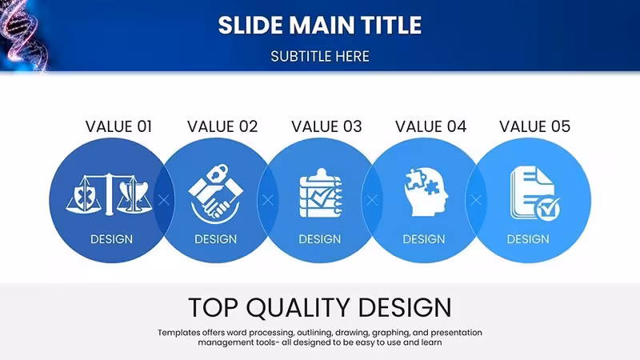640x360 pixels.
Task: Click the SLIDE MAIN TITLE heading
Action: [319, 26]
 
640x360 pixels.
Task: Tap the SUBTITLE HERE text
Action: [319, 56]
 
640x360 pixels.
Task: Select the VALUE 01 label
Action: [118, 126]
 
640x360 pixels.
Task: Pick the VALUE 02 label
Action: [222, 126]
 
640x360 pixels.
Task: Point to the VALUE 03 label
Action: [326, 126]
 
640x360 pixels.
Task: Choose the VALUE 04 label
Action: [430, 126]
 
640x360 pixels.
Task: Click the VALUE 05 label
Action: [534, 126]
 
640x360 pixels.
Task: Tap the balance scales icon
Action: [109, 194]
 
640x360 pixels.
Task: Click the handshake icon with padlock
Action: [215, 194]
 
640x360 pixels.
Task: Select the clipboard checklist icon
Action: [321, 193]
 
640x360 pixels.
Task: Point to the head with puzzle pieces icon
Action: [426, 192]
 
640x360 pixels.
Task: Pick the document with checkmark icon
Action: [534, 193]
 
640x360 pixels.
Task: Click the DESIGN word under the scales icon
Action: [111, 238]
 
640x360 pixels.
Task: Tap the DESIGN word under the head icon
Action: [424, 238]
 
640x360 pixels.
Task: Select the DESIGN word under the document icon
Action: [528, 238]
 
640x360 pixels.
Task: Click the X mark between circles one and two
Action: [164, 200]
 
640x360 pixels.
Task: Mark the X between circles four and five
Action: [476, 200]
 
